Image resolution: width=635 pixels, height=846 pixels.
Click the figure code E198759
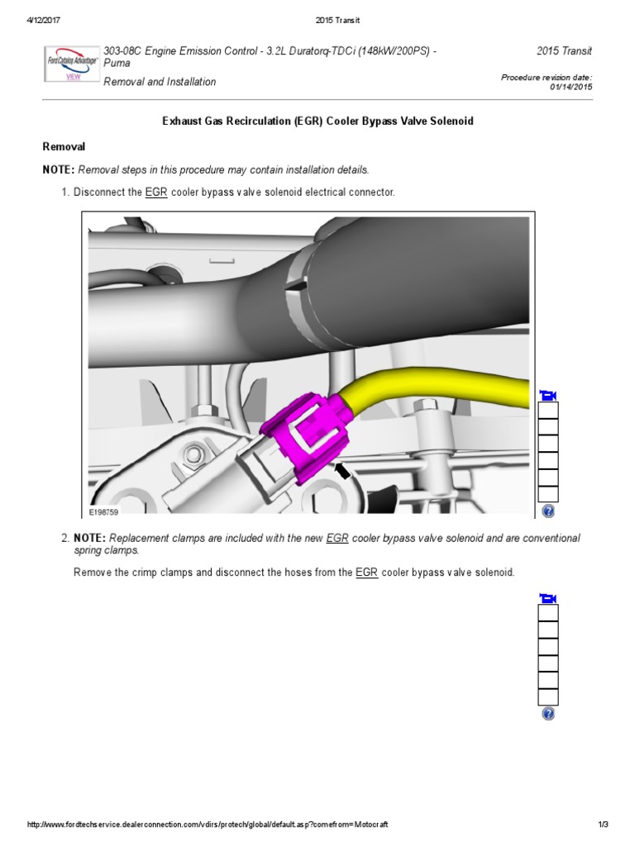105,511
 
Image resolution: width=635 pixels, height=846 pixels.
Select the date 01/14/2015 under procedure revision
571,87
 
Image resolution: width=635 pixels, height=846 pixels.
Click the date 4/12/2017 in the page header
35,20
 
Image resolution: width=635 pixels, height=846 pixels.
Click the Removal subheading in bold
64,146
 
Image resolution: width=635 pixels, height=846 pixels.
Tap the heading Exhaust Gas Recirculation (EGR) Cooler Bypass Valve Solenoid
317,121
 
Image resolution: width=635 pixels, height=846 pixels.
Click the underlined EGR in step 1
156,192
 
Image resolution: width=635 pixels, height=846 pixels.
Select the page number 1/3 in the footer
602,825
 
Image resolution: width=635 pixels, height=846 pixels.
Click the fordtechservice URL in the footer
208,825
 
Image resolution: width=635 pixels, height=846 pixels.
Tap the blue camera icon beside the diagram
547,395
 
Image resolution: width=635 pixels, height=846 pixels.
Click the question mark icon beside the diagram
548,511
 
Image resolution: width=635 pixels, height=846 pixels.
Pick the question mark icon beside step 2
548,714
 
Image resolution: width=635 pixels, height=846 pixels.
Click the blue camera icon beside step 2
547,598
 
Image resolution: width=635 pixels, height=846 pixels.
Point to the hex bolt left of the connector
198,454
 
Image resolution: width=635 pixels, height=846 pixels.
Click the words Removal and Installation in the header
160,82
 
